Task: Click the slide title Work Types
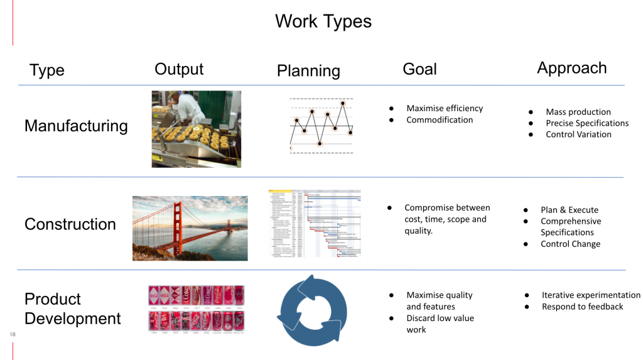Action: (323, 21)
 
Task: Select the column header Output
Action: (179, 69)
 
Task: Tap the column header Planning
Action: (308, 71)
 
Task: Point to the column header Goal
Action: (419, 69)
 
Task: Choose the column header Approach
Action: (571, 68)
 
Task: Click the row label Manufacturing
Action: (76, 126)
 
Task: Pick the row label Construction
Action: (70, 224)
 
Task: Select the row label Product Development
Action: (72, 308)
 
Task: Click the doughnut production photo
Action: (196, 129)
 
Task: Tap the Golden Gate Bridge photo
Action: (190, 227)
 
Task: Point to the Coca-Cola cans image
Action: (196, 308)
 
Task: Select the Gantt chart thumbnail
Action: (314, 223)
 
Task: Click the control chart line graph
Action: (321, 125)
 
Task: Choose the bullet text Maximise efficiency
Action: (445, 108)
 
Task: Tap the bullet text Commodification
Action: (440, 119)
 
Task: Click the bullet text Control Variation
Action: (578, 134)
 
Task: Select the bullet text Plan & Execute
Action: (570, 210)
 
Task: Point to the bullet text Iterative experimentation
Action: (591, 295)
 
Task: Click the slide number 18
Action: (13, 335)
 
